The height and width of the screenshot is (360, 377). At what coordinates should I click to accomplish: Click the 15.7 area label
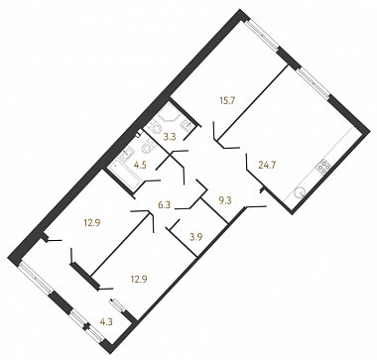coord(228,100)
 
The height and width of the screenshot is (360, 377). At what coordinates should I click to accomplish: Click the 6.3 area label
coord(164,205)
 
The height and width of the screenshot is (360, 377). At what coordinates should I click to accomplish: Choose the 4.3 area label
coord(106,321)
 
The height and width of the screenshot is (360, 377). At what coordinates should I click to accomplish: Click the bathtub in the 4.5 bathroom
coord(123,176)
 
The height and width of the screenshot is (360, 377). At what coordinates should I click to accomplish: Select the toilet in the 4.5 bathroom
coord(147,148)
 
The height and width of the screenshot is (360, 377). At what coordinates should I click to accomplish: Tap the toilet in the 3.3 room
coord(156,128)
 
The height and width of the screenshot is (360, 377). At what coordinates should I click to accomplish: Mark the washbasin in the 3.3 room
coord(188,124)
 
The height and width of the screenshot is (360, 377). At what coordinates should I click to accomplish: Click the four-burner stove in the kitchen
coord(323,167)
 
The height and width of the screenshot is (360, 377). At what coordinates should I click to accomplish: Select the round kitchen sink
coord(301,192)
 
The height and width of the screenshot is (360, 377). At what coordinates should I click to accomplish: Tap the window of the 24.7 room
coord(314,82)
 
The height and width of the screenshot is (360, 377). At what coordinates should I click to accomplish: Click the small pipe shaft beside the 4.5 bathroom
coord(140,132)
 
